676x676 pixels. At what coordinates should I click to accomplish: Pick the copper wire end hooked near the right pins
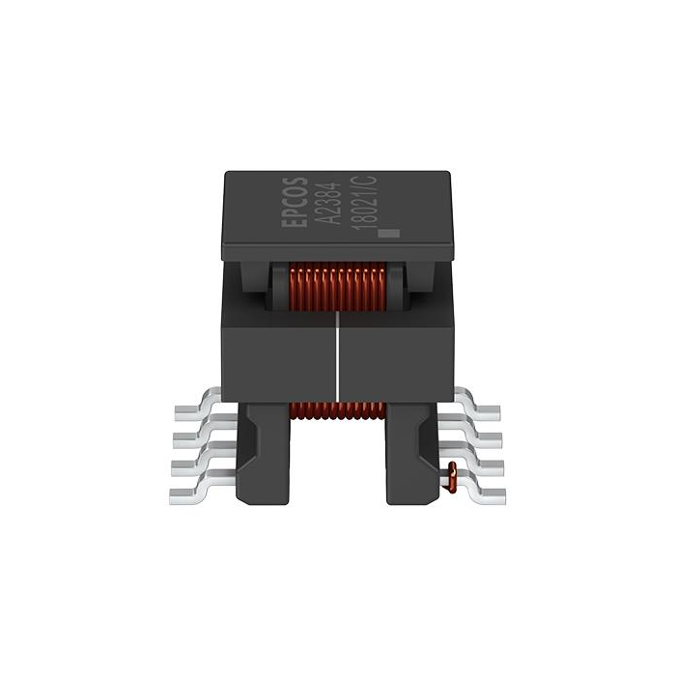point(450,475)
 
